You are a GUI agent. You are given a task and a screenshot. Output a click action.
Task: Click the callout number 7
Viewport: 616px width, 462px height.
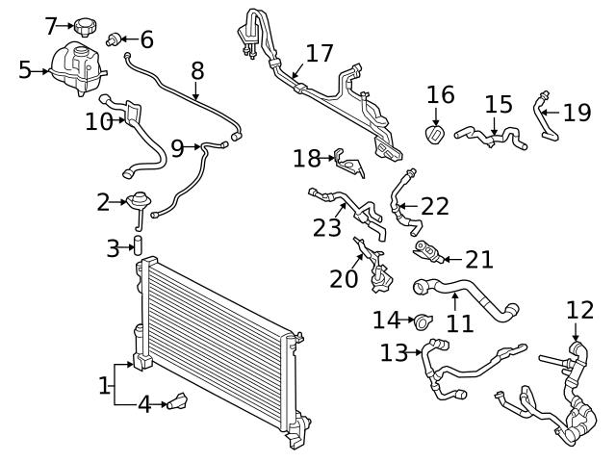(x=52, y=26)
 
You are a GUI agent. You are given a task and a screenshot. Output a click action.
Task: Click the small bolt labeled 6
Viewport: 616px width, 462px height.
(x=115, y=39)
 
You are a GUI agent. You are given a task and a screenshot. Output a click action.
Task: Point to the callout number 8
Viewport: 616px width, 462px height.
(x=197, y=70)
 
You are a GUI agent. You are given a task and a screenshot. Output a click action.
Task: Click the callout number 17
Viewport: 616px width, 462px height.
(x=319, y=53)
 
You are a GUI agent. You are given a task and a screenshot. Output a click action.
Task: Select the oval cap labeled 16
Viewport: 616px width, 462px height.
(x=434, y=133)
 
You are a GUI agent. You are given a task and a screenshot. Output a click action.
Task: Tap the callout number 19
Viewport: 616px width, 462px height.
(x=577, y=113)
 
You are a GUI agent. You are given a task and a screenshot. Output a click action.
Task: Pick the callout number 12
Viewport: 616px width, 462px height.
(x=580, y=310)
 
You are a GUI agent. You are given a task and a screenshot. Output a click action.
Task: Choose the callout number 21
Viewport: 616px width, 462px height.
(x=478, y=259)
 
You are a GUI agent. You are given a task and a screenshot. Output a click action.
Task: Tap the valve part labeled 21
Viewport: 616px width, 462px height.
(x=426, y=252)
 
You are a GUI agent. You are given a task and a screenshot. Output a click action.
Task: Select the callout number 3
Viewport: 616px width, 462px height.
(x=114, y=248)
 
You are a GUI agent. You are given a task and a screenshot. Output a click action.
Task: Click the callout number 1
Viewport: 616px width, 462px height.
(x=104, y=387)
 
